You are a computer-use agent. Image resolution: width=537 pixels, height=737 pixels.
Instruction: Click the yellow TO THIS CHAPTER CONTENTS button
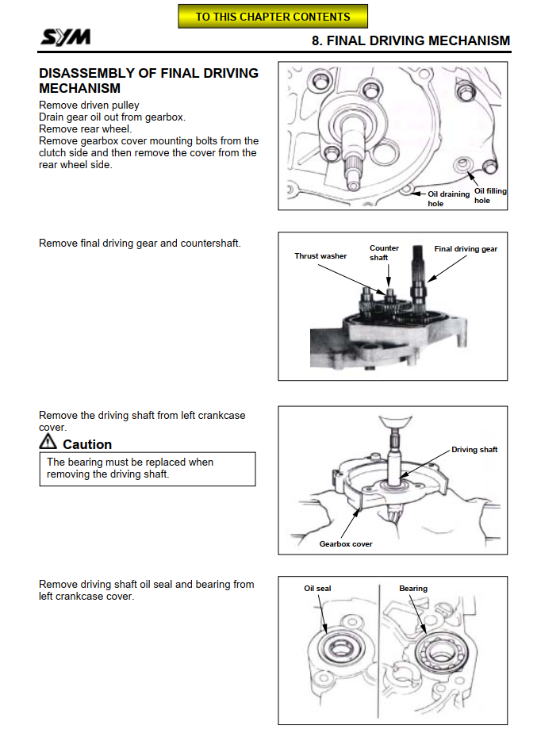point(273,16)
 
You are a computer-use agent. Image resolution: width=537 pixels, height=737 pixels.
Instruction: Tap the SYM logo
point(66,36)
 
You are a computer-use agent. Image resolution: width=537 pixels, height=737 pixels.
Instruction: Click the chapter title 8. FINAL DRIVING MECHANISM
point(411,40)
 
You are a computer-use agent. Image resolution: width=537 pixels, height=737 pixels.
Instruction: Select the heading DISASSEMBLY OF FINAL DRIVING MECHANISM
point(148,80)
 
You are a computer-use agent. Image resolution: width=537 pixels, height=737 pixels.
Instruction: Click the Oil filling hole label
point(490,196)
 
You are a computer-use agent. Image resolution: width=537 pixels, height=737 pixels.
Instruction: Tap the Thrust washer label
point(320,256)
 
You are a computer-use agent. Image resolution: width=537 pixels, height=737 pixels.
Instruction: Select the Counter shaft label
point(384,252)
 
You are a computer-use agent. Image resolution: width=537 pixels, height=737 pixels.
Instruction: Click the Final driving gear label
point(466,249)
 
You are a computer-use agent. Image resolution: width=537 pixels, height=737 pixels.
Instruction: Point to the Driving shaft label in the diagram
point(474,450)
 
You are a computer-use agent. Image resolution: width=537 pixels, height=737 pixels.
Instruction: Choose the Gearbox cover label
point(346,543)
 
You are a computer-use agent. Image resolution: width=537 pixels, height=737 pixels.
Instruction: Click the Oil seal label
point(317,589)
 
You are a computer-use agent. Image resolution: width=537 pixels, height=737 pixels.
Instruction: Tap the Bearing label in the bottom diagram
point(412,589)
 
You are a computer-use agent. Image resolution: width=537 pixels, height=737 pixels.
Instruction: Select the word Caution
point(87,444)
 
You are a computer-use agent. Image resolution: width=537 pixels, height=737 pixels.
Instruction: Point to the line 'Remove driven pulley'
point(89,105)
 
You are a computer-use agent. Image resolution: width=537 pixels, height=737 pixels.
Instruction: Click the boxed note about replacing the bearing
point(148,468)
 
